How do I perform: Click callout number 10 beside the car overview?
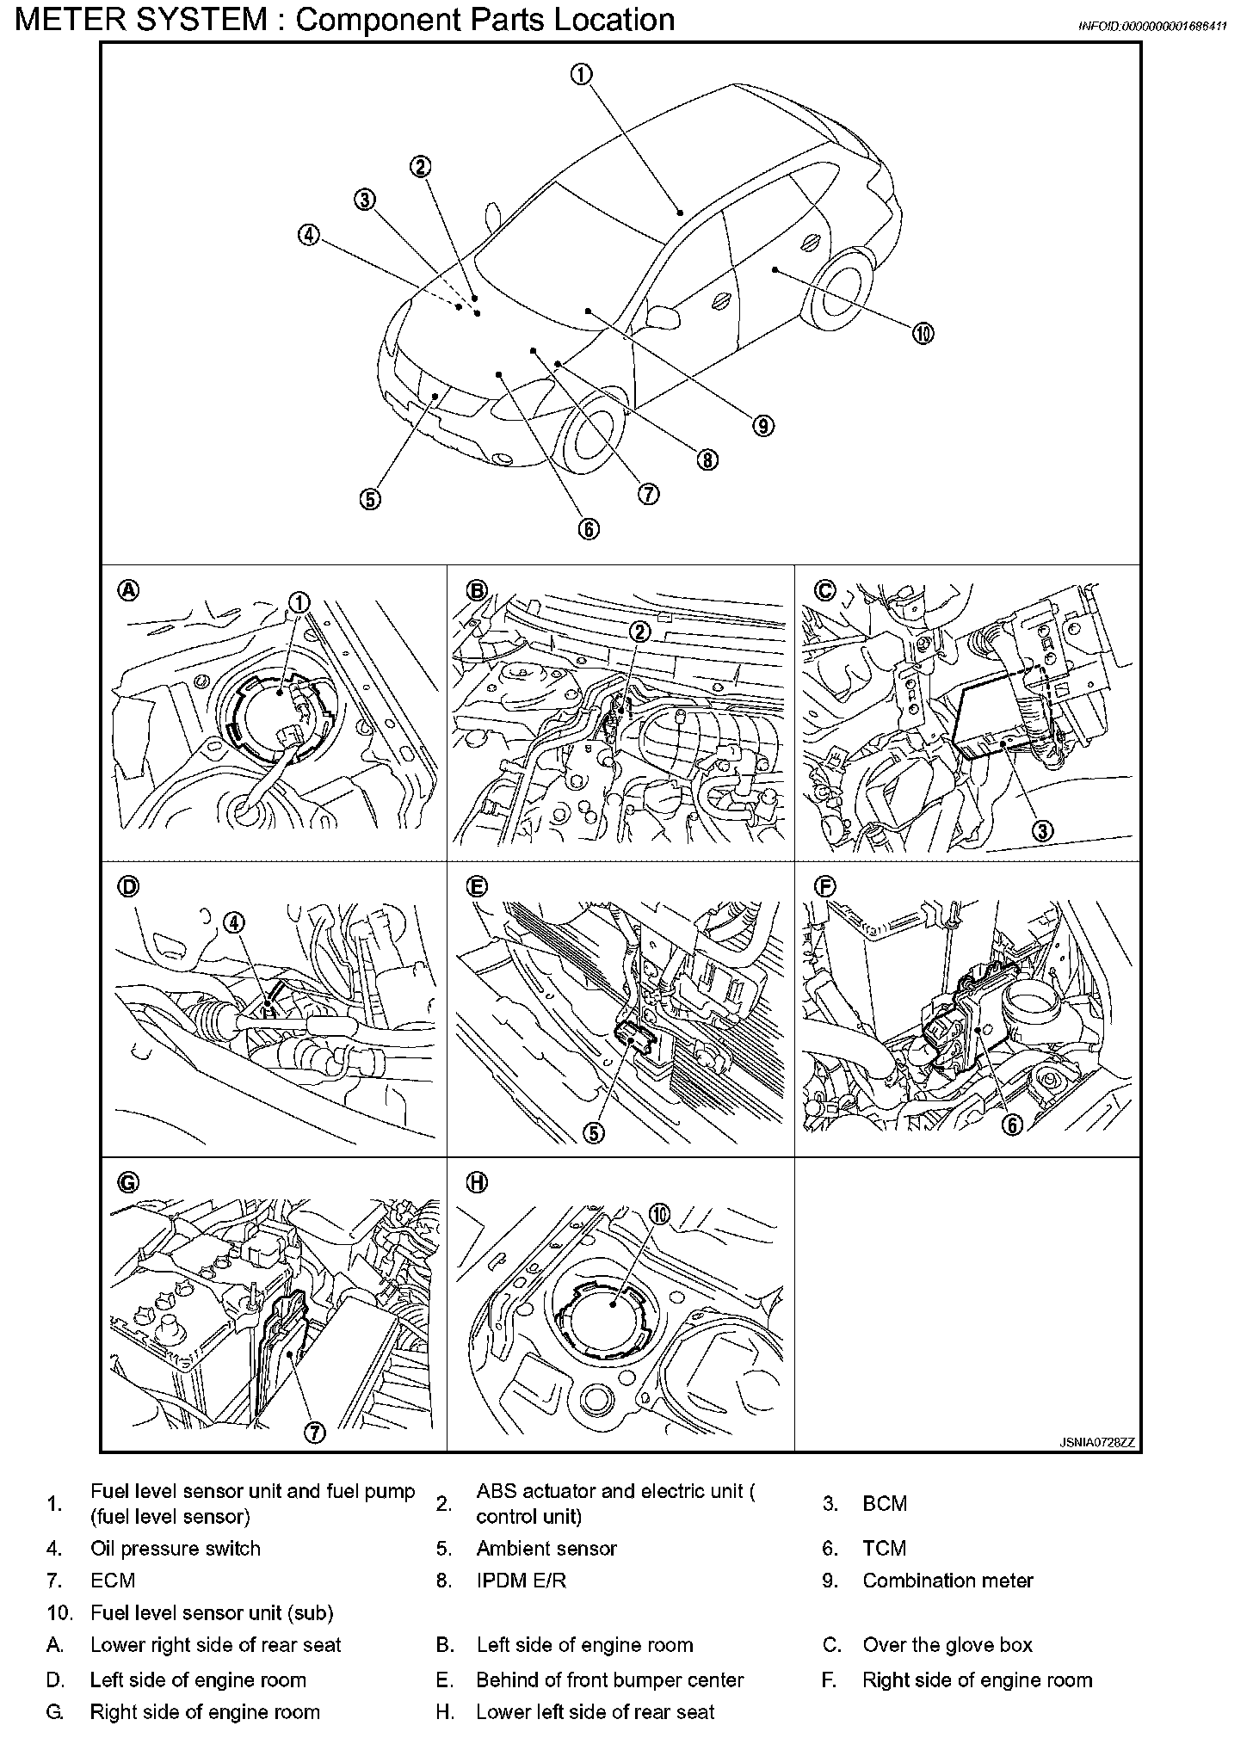(x=923, y=334)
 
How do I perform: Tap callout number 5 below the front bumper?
(x=370, y=499)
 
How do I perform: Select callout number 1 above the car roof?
(x=581, y=75)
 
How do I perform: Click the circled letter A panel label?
(x=127, y=590)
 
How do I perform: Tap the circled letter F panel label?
(x=824, y=886)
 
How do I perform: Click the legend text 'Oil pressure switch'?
(x=175, y=1549)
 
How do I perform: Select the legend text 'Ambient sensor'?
(x=546, y=1549)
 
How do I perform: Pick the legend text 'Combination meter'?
(x=947, y=1581)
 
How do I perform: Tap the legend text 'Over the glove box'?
(x=947, y=1645)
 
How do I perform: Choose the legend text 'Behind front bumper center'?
(x=609, y=1679)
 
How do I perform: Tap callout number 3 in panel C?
(x=1042, y=830)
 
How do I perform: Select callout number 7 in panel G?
(x=315, y=1432)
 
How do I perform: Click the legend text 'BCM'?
(x=884, y=1503)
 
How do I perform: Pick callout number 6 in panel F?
(x=1012, y=1124)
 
